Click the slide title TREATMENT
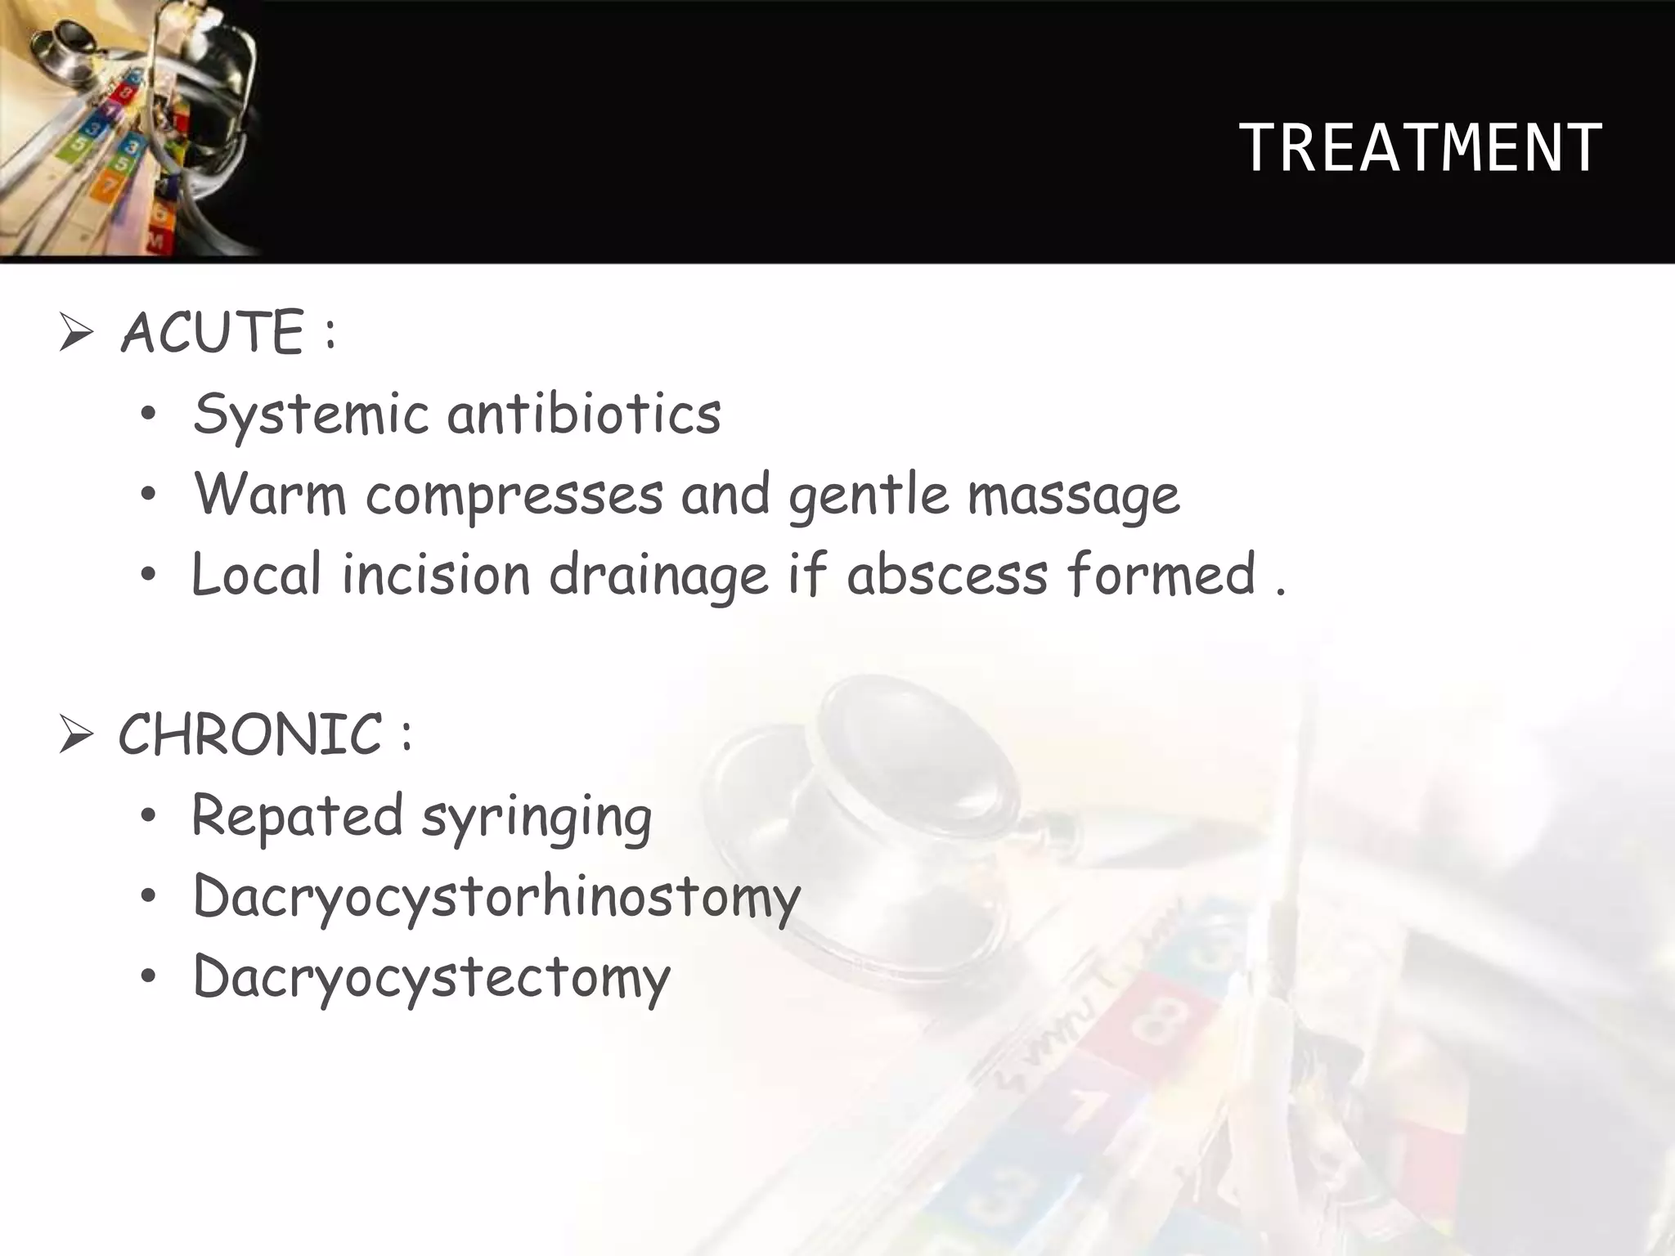pos(1421,148)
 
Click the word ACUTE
pos(213,333)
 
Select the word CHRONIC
pos(250,733)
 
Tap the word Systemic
pos(311,414)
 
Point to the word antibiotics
pos(584,413)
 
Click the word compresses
pos(514,496)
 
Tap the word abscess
pos(947,574)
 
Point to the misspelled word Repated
pos(297,815)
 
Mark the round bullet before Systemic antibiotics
pos(147,415)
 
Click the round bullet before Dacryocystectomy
pos(147,977)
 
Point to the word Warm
pos(270,494)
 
